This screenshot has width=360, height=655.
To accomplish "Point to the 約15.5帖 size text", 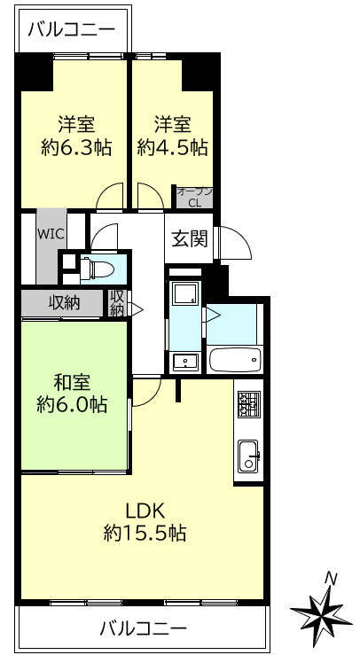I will click(144, 534).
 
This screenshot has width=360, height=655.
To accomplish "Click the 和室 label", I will click(74, 383).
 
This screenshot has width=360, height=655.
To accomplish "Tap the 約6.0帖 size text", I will click(74, 405).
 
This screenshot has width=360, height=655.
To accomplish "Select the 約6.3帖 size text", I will click(76, 146).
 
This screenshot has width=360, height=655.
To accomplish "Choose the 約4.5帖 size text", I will click(172, 146).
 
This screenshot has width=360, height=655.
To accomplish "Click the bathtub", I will click(235, 360).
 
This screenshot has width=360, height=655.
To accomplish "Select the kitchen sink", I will click(248, 457).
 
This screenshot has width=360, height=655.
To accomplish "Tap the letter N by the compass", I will click(331, 578).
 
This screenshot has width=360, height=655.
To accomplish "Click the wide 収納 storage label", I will click(64, 303).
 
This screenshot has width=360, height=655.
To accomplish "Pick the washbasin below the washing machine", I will click(185, 360).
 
